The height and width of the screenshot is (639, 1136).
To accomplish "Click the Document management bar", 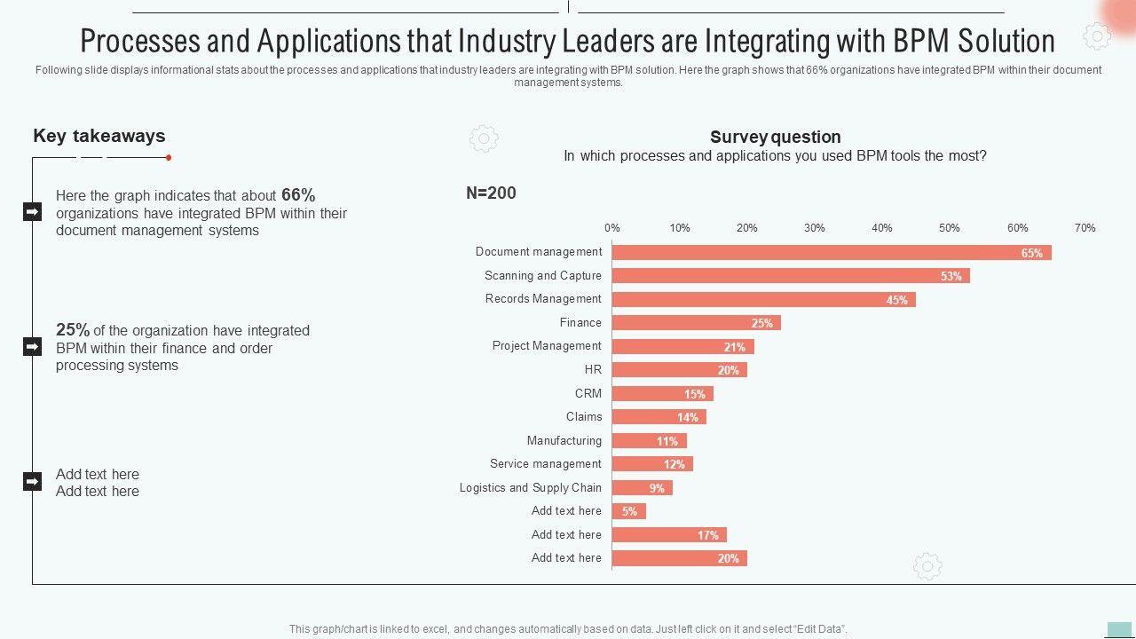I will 831,253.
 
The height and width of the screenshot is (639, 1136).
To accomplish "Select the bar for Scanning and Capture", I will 790,276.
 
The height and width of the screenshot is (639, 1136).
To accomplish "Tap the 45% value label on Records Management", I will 896,300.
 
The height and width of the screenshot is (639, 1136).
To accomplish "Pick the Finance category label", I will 580,322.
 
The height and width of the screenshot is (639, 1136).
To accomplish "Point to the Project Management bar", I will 682,347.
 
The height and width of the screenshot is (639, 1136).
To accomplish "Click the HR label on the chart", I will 593,369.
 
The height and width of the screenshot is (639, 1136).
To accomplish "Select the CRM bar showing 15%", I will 662,394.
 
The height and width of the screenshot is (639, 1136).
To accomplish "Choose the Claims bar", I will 659,417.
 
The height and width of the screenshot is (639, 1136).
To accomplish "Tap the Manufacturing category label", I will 564,440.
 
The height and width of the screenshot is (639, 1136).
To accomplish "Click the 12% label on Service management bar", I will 674,464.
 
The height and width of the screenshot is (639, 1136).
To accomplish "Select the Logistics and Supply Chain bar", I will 642,488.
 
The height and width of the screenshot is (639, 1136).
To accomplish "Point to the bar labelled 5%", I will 628,511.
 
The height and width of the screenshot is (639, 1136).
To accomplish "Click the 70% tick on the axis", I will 1085,228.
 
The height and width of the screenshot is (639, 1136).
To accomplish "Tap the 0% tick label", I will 612,228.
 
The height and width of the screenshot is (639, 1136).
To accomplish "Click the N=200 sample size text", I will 491,193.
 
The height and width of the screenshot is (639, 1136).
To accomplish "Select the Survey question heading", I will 775,137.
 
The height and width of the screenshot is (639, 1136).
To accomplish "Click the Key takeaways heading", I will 99,136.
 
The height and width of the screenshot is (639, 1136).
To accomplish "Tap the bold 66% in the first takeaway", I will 298,195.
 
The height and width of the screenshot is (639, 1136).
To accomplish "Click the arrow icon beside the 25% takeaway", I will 32,346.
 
